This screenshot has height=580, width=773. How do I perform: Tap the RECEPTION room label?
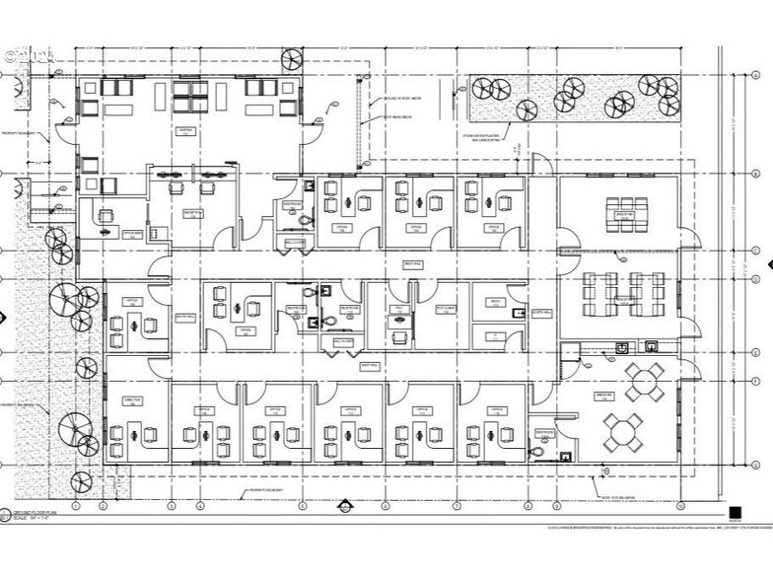(x=193, y=213)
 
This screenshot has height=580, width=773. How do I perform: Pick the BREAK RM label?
(x=624, y=396)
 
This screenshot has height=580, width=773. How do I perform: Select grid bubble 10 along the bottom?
(x=680, y=505)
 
